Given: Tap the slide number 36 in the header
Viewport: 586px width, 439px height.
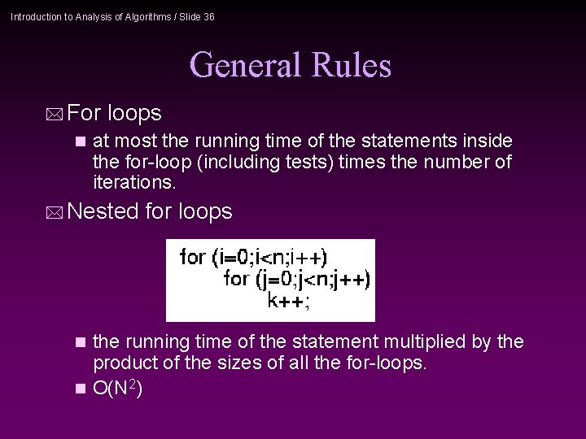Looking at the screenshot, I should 208,16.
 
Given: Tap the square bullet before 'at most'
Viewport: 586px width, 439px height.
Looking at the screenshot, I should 79,141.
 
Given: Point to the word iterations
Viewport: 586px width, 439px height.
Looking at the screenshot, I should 134,182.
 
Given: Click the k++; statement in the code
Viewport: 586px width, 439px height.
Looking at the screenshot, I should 288,301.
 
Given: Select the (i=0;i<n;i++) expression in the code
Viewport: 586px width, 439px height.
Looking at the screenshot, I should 269,258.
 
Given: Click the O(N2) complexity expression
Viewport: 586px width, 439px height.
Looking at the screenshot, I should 118,389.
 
